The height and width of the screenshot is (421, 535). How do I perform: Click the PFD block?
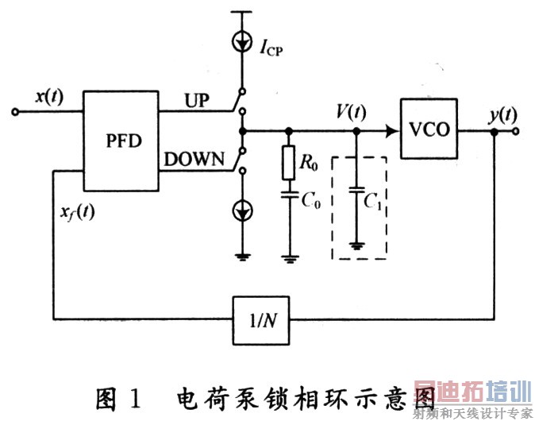point(122,141)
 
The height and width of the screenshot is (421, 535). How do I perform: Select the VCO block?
point(429,131)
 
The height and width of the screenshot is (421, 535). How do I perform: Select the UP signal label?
point(197,100)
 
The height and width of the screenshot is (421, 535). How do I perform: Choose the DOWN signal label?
point(194,158)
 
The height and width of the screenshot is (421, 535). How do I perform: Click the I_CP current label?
point(269,50)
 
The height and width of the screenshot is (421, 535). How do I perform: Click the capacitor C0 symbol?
point(288,194)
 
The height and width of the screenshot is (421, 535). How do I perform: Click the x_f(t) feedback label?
point(76,212)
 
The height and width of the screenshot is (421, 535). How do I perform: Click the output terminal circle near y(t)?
point(517,130)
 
